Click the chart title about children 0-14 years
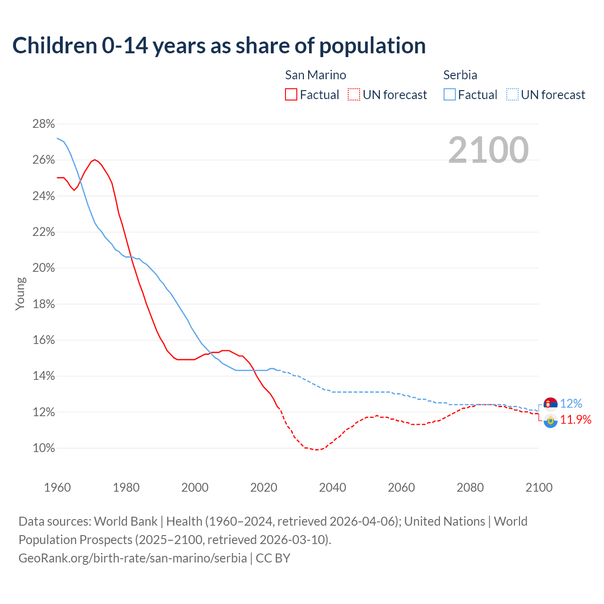pos(219,46)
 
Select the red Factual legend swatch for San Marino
pos(291,95)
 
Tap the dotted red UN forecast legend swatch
pos(354,95)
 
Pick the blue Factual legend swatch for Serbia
pos(450,95)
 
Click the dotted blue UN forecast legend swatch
pos(512,95)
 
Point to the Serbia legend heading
pos(460,75)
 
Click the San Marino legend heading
pos(315,75)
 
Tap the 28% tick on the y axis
pos(43,124)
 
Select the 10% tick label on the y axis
pos(43,448)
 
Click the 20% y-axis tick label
pos(43,268)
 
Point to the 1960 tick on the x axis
pos(57,487)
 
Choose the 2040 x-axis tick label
pos(332,487)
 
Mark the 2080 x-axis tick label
pos(470,487)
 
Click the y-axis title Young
pos(20,294)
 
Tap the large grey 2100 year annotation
pos(488,150)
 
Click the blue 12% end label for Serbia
pos(571,404)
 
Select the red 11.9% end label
pos(576,420)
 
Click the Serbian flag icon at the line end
pos(550,404)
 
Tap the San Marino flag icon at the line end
pos(550,421)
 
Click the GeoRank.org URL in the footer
pos(133,558)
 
